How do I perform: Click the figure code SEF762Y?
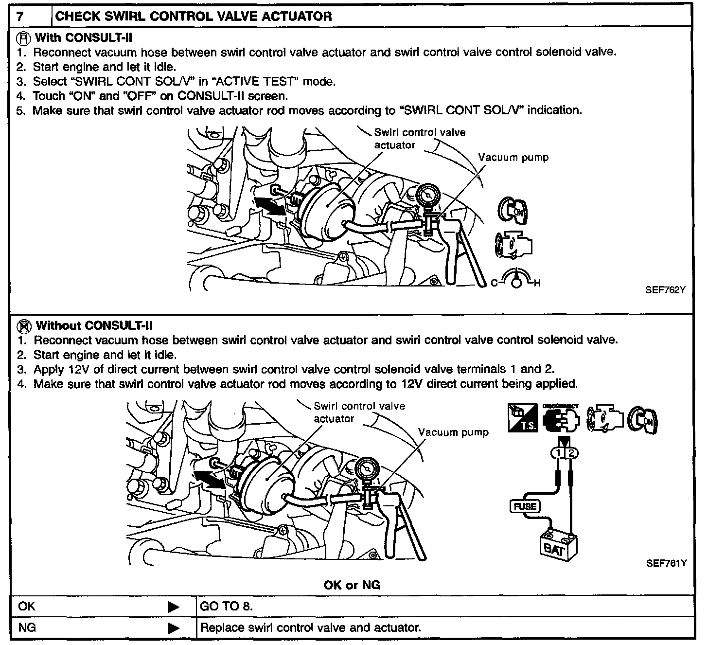click(665, 290)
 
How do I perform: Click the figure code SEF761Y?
click(666, 563)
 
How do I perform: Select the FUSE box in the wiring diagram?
click(525, 506)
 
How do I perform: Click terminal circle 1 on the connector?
click(558, 453)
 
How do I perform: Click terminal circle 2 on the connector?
click(572, 453)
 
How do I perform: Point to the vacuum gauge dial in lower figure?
click(366, 469)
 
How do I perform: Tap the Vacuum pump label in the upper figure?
click(513, 158)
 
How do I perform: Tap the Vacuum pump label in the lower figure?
click(453, 432)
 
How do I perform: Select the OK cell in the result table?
click(27, 607)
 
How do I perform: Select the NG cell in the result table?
click(27, 627)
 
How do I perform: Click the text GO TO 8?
click(226, 607)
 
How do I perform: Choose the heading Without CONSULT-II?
click(94, 325)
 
